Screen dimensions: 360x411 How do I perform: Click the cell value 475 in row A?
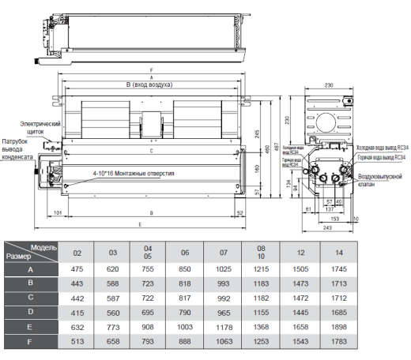(x=77, y=269)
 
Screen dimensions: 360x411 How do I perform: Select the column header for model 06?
(x=185, y=252)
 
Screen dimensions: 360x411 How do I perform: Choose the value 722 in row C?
(x=149, y=297)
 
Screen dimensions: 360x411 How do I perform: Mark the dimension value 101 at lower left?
(x=58, y=212)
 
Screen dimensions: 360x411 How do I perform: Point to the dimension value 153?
(x=335, y=219)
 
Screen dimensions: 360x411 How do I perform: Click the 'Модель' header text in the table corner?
(x=44, y=247)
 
